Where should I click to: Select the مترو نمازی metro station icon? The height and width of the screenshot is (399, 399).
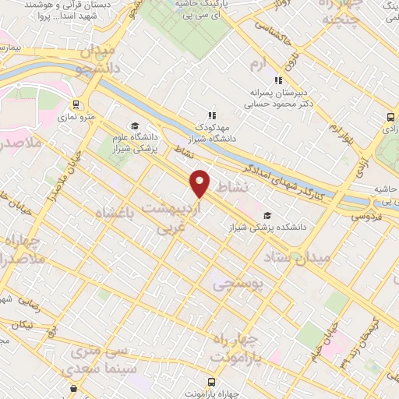pyautogui.click(x=76, y=104)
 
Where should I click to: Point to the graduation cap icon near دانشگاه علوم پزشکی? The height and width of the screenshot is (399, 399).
pyautogui.click(x=135, y=126)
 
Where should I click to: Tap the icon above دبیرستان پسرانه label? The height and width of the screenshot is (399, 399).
pyautogui.click(x=278, y=79)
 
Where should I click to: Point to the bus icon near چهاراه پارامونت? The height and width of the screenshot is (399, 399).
pyautogui.click(x=73, y=387)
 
